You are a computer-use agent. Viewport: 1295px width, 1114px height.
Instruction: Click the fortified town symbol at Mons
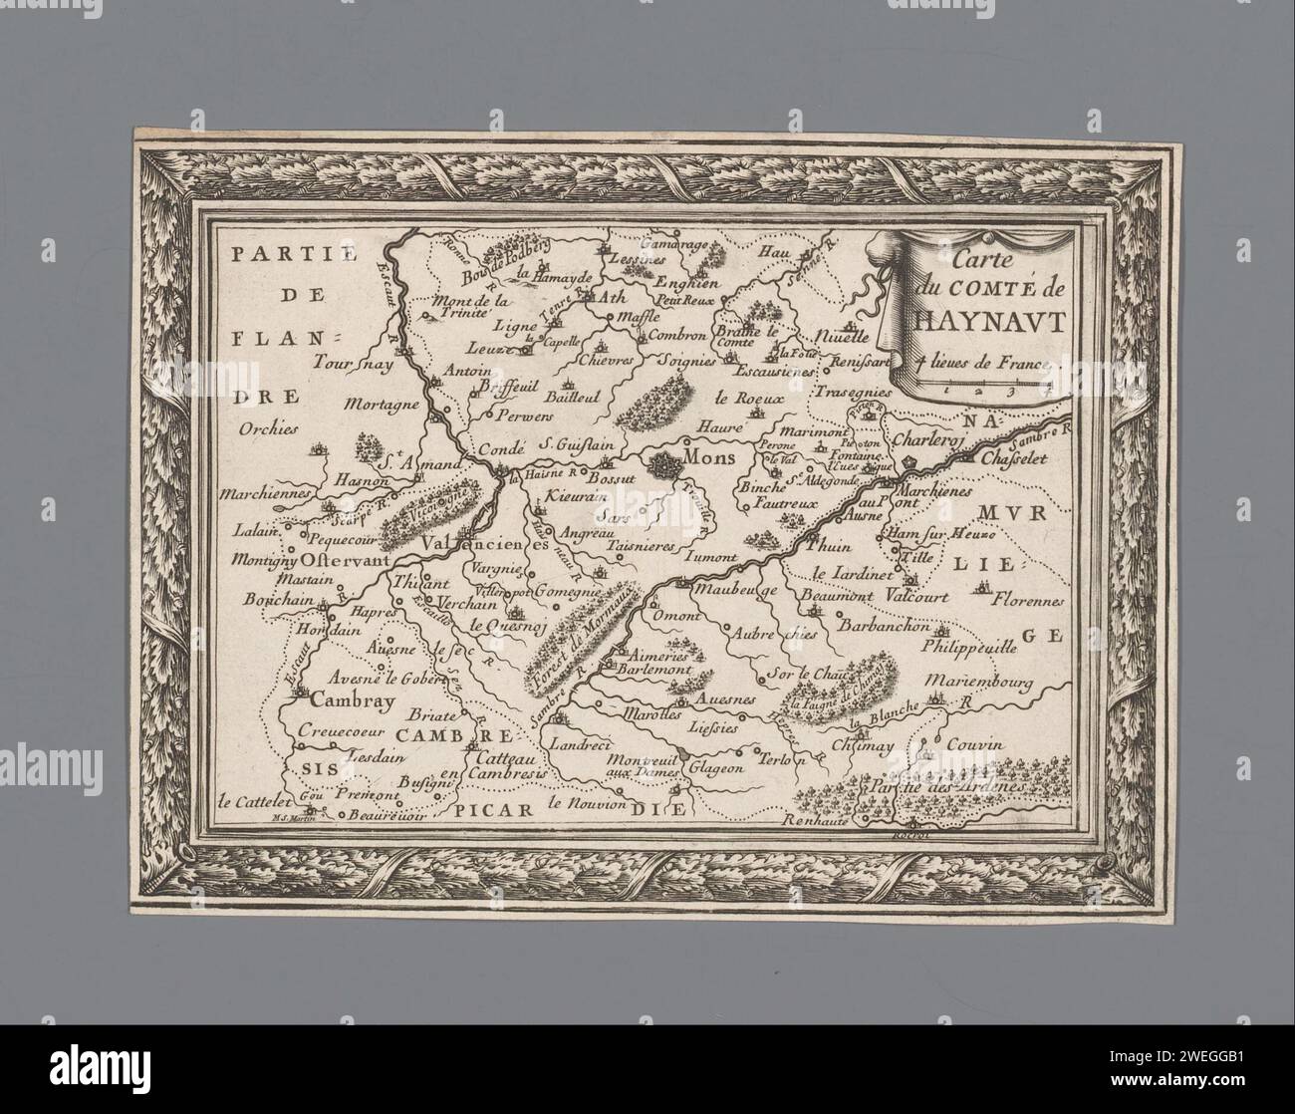tap(662, 463)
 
